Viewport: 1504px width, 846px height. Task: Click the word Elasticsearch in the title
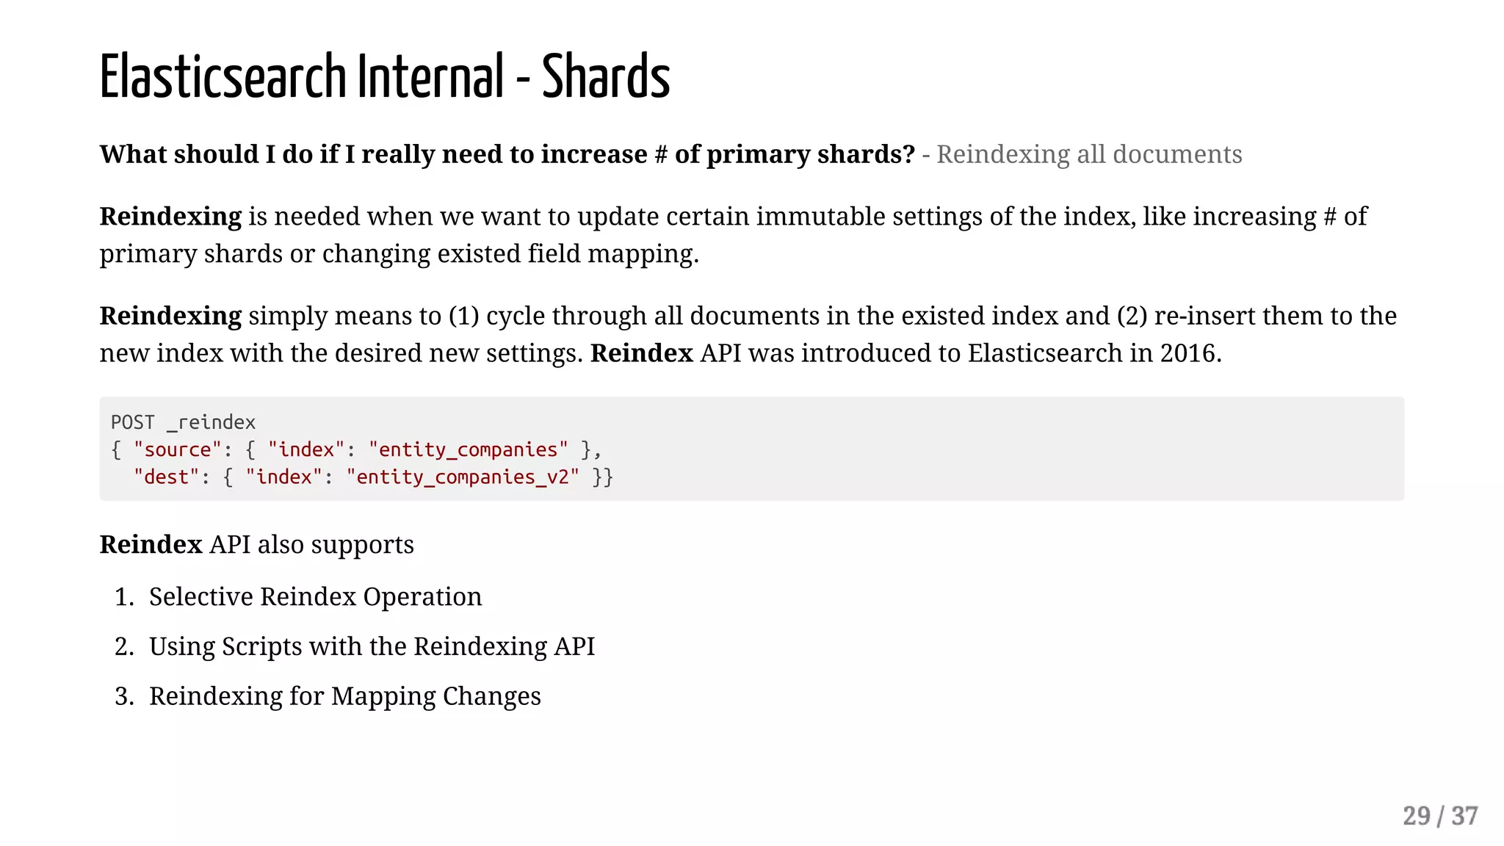223,76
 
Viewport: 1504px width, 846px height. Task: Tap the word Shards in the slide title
606,76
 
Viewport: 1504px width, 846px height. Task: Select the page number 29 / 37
1439,816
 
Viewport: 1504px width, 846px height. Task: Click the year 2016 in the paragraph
1189,353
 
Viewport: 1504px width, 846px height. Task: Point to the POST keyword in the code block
133,422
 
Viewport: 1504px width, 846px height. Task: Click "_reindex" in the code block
211,422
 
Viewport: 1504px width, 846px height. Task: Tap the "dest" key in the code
167,477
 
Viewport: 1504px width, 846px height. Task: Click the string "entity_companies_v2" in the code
463,477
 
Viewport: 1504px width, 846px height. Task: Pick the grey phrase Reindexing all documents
1089,154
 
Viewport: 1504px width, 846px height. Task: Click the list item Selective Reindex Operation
315,596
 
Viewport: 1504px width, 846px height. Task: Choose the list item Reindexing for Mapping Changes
344,695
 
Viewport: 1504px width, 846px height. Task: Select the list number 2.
123,646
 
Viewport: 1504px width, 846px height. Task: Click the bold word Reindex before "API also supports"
151,545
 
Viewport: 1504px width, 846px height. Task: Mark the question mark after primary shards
909,154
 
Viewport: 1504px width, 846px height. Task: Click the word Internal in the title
431,76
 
